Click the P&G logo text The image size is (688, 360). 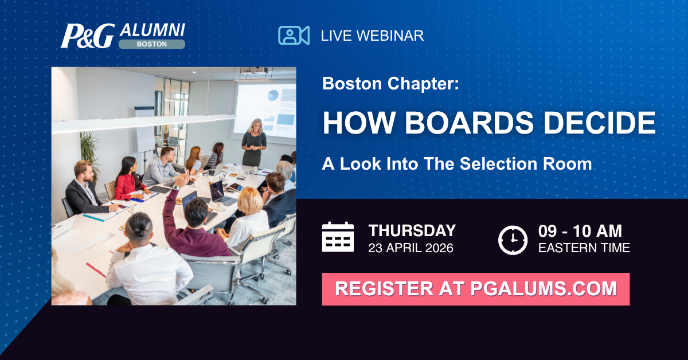88,36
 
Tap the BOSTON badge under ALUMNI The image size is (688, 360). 152,44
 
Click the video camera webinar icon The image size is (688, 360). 294,36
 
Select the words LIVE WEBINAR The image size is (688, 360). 372,36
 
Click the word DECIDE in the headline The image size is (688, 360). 600,123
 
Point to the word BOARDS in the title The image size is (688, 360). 470,123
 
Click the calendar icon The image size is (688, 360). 338,237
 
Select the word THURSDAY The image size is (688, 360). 412,230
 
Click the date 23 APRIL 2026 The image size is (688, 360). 411,248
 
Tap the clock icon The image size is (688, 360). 513,240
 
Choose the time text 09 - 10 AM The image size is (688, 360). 580,231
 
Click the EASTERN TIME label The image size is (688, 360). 584,248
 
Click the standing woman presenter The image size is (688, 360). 254,143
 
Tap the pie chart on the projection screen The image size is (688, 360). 272,95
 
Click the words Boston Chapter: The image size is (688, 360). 390,84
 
